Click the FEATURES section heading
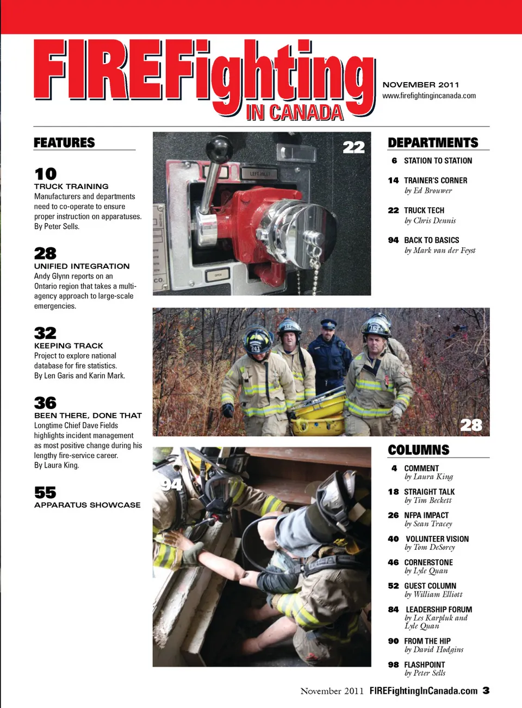(64, 142)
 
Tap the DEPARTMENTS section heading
(433, 142)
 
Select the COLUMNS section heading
(419, 450)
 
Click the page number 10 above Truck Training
(46, 174)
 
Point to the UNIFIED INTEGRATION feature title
(82, 266)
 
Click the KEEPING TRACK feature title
(69, 346)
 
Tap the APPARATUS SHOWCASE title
(87, 505)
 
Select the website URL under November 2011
(429, 96)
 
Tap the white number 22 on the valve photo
(353, 147)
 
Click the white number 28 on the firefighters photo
(471, 425)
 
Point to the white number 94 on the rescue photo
(171, 484)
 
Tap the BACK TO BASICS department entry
(431, 240)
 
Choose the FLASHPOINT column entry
(424, 665)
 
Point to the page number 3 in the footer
(486, 691)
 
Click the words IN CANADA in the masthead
(295, 112)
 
